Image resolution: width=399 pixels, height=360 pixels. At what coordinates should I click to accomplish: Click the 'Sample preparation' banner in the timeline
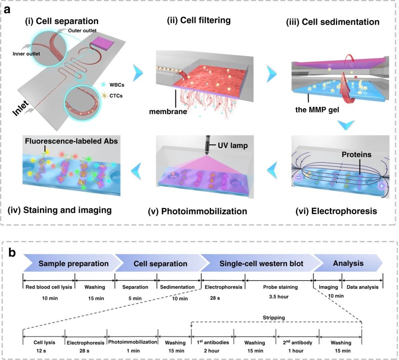coord(73,263)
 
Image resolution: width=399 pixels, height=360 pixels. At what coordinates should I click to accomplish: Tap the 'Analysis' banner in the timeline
coord(348,263)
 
